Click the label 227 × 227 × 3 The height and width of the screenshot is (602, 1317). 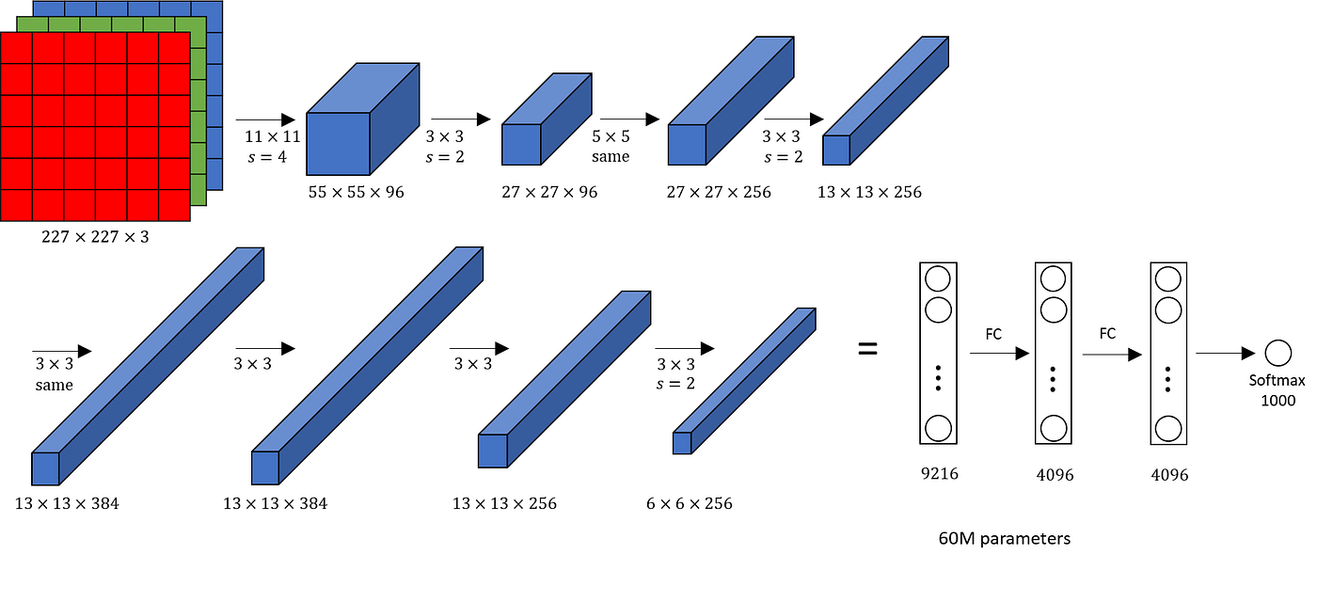pos(95,236)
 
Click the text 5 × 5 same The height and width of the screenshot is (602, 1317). pos(611,146)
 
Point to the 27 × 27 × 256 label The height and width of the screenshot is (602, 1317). pos(719,192)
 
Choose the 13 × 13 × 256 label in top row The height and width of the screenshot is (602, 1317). pos(869,192)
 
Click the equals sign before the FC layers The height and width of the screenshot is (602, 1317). pos(867,349)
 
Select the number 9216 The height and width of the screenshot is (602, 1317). pos(938,473)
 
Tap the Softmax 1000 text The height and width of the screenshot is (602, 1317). pos(1277,390)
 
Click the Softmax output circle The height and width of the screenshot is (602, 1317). pos(1277,354)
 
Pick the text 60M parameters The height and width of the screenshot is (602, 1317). pos(1004,539)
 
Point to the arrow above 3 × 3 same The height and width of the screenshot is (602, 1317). pos(61,350)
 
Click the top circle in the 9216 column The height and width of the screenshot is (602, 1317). pos(938,279)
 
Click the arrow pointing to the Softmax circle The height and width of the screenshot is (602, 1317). pos(1225,354)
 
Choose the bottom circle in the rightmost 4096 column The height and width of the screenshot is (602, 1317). pos(1168,428)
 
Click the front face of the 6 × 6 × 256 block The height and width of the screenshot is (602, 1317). pos(681,443)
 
